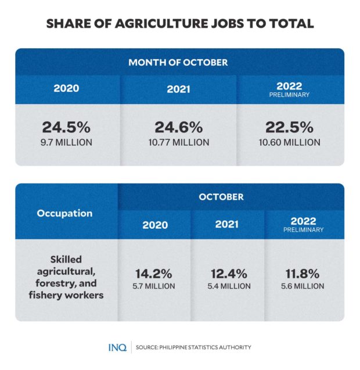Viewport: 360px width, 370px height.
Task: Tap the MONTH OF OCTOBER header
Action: coord(178,62)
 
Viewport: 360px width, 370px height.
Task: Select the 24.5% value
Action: coord(66,127)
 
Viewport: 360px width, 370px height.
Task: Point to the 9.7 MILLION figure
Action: coord(66,142)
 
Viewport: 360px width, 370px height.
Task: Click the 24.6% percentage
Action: coord(178,127)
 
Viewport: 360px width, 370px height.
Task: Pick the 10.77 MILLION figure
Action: coord(178,142)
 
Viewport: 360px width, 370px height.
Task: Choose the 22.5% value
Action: coord(289,127)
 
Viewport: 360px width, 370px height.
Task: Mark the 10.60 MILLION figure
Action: coord(289,142)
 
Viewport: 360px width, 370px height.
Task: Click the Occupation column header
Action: coord(64,213)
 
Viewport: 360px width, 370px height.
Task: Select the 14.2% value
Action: coord(154,274)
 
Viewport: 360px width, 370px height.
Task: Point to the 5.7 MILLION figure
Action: coord(154,286)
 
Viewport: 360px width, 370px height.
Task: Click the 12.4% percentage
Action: coord(228,274)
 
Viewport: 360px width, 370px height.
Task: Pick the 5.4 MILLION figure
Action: coord(228,286)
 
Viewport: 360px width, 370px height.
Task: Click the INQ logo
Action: coord(117,347)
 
